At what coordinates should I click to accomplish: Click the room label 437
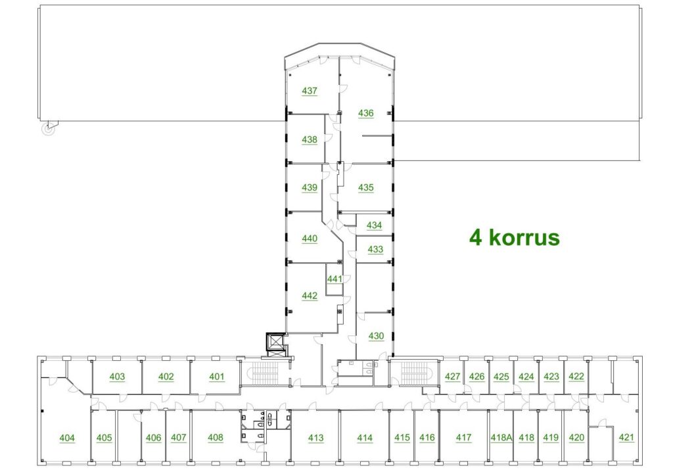coord(310,91)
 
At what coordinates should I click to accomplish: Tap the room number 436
coord(365,113)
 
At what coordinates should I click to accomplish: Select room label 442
coord(310,296)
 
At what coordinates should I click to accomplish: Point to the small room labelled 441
coord(335,279)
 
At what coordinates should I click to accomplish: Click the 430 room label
coord(376,336)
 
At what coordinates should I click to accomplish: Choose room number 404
coord(67,438)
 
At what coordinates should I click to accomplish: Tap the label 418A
coord(501,438)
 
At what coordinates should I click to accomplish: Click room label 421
coord(626,437)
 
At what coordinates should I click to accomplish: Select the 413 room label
coord(316,438)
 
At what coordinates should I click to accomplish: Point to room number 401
coord(217,377)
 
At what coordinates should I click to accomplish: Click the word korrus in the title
coord(524,237)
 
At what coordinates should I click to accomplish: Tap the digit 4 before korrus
coord(476,237)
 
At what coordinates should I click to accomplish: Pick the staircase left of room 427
coord(415,373)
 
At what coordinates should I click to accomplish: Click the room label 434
coord(374,226)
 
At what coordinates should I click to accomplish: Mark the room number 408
coord(216,437)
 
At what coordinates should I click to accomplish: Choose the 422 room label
coord(576,377)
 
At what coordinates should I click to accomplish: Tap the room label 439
coord(310,187)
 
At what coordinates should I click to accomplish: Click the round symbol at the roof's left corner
coord(49,128)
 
